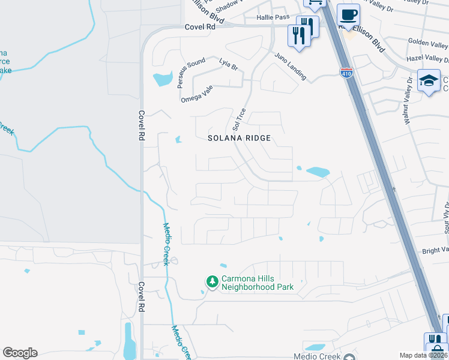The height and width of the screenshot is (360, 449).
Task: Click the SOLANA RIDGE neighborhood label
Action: point(240,138)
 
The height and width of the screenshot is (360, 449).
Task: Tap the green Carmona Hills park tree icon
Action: point(211,281)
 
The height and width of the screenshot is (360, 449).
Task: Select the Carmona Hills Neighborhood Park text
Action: point(258,283)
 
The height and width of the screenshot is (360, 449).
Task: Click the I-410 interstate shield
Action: point(346,73)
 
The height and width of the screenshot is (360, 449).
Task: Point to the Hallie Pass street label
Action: point(273,19)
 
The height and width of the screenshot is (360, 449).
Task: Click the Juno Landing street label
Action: point(291,67)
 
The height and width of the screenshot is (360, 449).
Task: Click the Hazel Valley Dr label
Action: point(427,59)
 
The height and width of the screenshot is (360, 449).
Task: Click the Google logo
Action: point(20,353)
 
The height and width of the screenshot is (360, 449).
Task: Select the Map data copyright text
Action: point(424,355)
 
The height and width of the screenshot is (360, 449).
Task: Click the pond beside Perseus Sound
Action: point(161,79)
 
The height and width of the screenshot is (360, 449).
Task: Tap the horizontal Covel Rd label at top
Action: point(200,27)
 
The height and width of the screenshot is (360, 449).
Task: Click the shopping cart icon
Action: point(314,3)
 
